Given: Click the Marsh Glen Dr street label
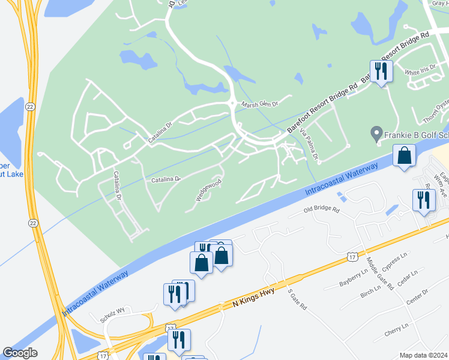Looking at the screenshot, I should [261, 104].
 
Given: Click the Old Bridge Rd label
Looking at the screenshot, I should [321, 211].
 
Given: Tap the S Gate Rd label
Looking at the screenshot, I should [297, 299].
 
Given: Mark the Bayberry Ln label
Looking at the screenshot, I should [353, 276].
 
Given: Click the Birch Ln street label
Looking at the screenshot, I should [370, 290].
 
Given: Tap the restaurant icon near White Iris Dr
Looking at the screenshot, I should [381, 71].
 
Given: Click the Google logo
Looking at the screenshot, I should [20, 353].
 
